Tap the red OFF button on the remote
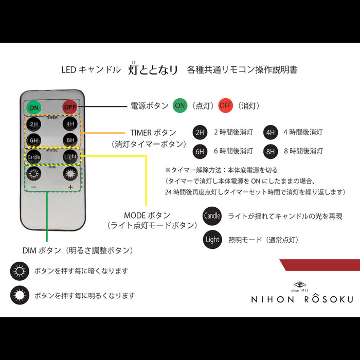(69, 107)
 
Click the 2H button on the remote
(34, 124)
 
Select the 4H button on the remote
(69, 124)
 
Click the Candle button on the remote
(34, 156)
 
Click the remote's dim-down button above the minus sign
(34, 174)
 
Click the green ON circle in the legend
(179, 105)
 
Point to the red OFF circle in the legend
(225, 105)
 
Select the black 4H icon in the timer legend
(271, 132)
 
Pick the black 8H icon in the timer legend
(271, 151)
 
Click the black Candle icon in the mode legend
(212, 217)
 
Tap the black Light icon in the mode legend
(212, 240)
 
